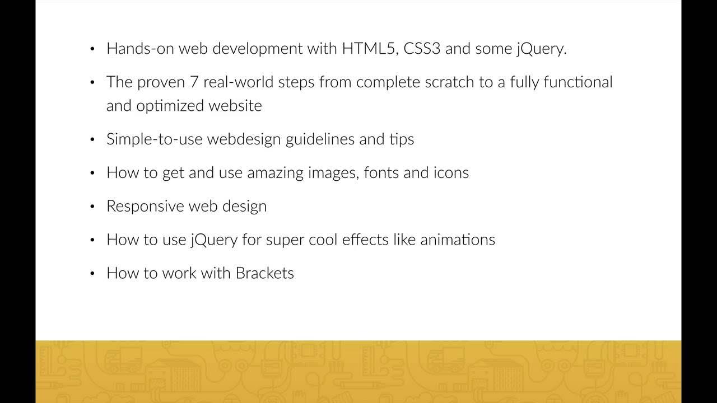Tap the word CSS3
coord(421,49)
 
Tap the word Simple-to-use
coord(154,139)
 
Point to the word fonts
coord(381,172)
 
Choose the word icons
coord(451,172)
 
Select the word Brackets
coord(264,273)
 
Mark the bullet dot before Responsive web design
coord(92,207)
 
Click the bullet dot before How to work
coord(92,274)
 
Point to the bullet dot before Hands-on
coord(92,49)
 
